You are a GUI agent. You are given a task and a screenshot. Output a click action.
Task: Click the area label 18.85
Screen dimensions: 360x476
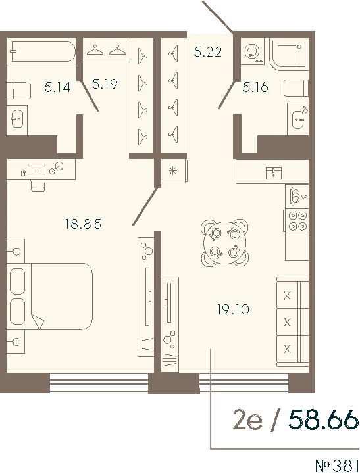83,224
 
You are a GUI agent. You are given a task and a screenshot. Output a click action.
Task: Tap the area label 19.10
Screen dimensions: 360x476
234,310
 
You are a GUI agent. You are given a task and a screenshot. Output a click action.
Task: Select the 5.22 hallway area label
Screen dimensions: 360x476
208,52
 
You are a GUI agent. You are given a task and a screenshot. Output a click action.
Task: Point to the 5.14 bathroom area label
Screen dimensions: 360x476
57,87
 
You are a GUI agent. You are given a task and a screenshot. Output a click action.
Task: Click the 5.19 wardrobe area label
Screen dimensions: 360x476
105,83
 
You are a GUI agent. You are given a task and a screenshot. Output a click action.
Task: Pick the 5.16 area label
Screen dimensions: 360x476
255,87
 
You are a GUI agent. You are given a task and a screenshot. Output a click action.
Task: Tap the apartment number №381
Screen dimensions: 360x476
337,465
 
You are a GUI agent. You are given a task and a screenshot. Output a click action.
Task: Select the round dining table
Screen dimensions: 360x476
224,242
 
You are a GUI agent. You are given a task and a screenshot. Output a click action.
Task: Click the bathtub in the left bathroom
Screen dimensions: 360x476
41,51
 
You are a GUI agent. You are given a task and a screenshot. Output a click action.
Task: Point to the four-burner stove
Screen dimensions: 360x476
297,220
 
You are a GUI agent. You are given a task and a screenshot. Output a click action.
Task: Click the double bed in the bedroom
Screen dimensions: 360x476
50,297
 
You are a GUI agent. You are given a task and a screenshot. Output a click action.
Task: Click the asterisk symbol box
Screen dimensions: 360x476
174,171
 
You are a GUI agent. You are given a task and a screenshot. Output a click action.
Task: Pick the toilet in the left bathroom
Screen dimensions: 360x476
19,90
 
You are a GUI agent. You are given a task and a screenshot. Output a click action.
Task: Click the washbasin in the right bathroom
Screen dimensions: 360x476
298,118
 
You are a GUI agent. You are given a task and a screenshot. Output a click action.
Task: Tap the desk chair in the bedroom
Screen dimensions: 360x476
38,185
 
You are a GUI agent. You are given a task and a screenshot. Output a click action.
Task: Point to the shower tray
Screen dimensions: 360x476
289,53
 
